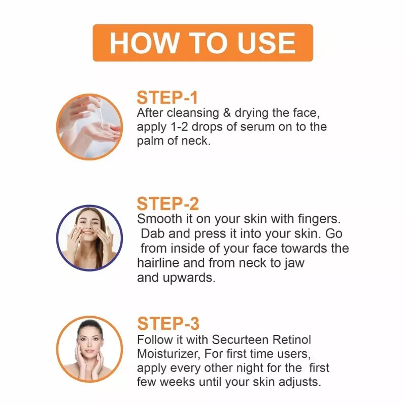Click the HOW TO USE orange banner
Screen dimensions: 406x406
pyautogui.click(x=202, y=43)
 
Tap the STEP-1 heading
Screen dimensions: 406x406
pyautogui.click(x=167, y=98)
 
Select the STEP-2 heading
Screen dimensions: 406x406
pyautogui.click(x=167, y=204)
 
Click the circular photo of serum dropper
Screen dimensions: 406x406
pyautogui.click(x=89, y=127)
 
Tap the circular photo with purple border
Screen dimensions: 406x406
pyautogui.click(x=89, y=238)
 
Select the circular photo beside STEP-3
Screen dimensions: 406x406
pyautogui.click(x=89, y=349)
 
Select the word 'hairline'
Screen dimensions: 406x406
pyautogui.click(x=157, y=263)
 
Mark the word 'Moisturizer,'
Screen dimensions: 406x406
pyautogui.click(x=168, y=353)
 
